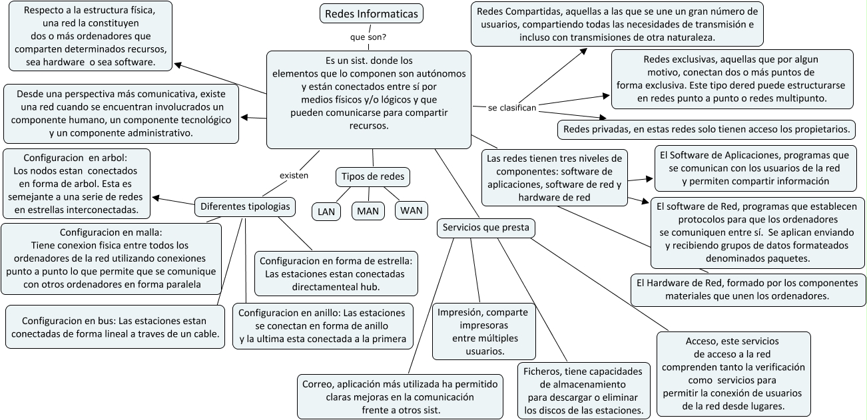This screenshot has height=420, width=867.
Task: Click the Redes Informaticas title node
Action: [x=371, y=13]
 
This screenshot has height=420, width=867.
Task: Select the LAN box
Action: [x=326, y=212]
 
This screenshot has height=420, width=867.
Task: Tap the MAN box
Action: [x=368, y=212]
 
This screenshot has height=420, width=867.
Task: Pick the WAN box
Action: [x=412, y=210]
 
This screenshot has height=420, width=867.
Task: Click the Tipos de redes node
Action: [x=372, y=177]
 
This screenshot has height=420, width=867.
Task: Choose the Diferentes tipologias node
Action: [x=245, y=207]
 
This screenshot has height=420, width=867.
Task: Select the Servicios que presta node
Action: [x=485, y=228]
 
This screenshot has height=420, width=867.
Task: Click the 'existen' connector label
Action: [x=294, y=176]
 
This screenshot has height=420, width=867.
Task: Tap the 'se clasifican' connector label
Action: [x=512, y=107]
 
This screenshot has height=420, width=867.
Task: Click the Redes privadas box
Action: [x=707, y=128]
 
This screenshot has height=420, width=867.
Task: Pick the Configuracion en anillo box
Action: [x=322, y=325]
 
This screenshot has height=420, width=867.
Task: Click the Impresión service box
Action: [x=481, y=331]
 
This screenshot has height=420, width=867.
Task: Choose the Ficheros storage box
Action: [x=583, y=391]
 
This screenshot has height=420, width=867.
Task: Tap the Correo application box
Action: [x=400, y=397]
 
